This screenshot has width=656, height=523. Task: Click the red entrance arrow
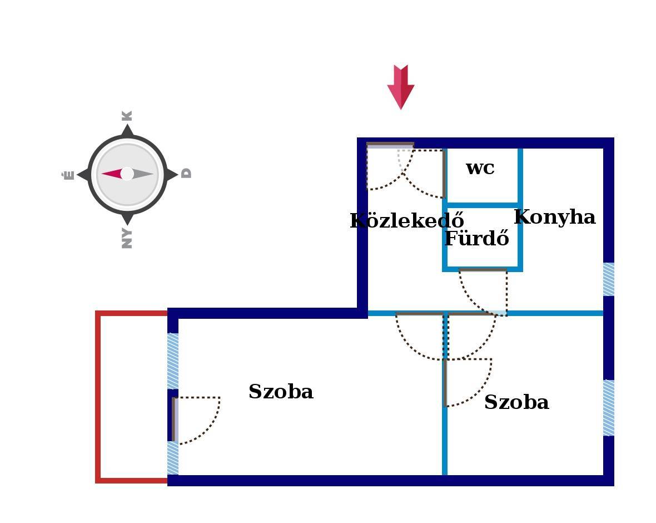400,87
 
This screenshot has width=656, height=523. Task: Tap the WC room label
480,168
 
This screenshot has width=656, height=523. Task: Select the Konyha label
554,217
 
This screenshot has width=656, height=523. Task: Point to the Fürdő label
477,239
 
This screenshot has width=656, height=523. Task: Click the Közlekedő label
406,221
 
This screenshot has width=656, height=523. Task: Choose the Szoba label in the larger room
281,392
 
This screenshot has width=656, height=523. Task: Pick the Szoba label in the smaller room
516,402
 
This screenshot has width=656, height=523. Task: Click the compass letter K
127,116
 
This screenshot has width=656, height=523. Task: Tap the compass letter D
187,173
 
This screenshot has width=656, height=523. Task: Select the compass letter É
68,175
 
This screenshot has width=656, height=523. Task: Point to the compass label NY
127,238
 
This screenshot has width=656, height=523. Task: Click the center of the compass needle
127,174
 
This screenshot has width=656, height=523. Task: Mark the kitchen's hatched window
609,279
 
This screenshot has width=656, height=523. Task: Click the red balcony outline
98,396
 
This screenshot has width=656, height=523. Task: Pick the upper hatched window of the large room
173,361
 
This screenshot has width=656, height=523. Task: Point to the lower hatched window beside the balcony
173,458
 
